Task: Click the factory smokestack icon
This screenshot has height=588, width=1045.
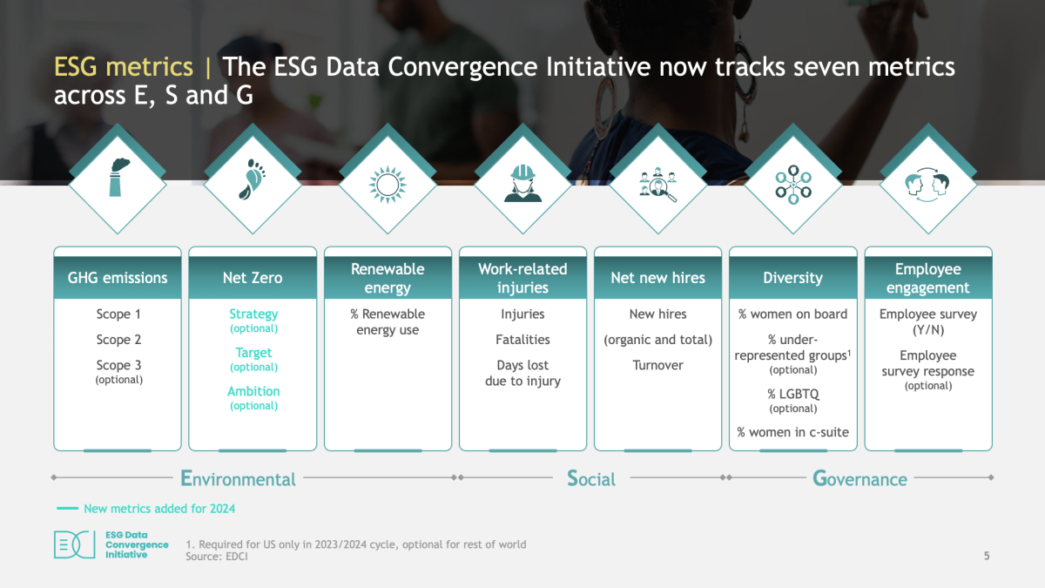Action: coord(118,178)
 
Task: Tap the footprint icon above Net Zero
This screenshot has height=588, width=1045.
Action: coord(253,179)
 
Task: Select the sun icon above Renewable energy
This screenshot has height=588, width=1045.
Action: coord(388,185)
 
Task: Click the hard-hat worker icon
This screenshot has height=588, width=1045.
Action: coord(522,183)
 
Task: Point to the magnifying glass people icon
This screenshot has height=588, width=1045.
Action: coord(657,185)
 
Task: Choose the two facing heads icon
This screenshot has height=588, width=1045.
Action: coord(927,185)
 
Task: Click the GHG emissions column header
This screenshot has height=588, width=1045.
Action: coord(118,278)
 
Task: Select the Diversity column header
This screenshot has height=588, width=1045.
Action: coord(793,278)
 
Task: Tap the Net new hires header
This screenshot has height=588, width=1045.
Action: coord(657,278)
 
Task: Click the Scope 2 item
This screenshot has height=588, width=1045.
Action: coord(118,339)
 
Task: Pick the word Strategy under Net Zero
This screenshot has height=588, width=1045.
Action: coord(253,314)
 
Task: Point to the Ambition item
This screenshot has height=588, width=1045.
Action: coord(253,391)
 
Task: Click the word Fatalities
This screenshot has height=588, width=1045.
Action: coord(522,339)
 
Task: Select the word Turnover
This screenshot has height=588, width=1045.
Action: coord(657,365)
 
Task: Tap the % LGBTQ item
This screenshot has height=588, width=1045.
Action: coord(793,394)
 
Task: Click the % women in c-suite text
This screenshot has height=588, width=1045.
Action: coord(793,432)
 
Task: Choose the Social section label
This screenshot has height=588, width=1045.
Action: coord(591,479)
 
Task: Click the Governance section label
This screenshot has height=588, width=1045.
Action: coord(860,479)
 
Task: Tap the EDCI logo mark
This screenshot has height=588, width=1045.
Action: coord(75,544)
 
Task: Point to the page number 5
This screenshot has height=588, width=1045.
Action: coord(987,556)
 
